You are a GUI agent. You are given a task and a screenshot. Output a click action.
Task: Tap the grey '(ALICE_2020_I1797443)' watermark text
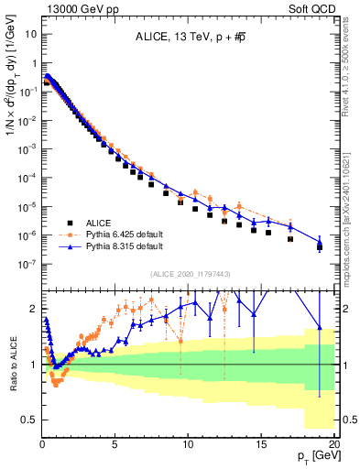[x=189, y=274]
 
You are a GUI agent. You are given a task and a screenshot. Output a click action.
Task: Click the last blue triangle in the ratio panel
[x=320, y=327]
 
